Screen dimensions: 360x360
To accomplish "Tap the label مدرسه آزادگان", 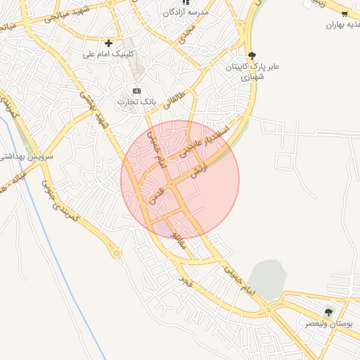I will coord(186,13).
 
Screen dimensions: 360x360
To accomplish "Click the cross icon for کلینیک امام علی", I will coord(108,44).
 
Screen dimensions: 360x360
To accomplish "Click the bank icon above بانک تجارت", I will coord(136,91).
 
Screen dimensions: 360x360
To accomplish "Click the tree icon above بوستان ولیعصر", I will coord(328,312).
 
